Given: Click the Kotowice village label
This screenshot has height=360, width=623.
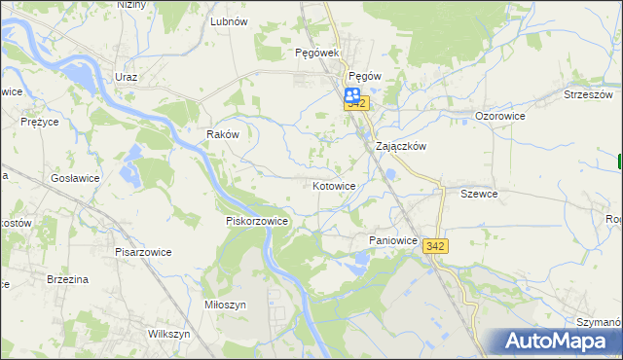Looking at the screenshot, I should point(334,185).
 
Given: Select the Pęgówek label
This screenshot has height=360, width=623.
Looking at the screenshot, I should point(315,54).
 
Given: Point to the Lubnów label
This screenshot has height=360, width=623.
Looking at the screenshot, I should point(229,20).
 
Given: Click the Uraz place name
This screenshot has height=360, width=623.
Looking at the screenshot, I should point(126,76).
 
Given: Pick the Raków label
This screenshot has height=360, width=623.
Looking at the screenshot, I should point(223,134).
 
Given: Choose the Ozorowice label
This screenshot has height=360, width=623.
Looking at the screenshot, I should point(500,115).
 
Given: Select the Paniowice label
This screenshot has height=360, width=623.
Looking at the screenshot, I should point(393,239).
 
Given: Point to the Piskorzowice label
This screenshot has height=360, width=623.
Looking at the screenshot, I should point(257,221).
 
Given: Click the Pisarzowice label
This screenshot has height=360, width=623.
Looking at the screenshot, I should point(142,252).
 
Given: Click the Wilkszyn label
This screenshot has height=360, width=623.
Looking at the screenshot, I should point(167,334).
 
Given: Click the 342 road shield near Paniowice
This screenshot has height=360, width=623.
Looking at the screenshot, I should point(435,247).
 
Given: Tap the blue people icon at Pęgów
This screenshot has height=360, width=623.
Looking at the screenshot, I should point(351,93).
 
